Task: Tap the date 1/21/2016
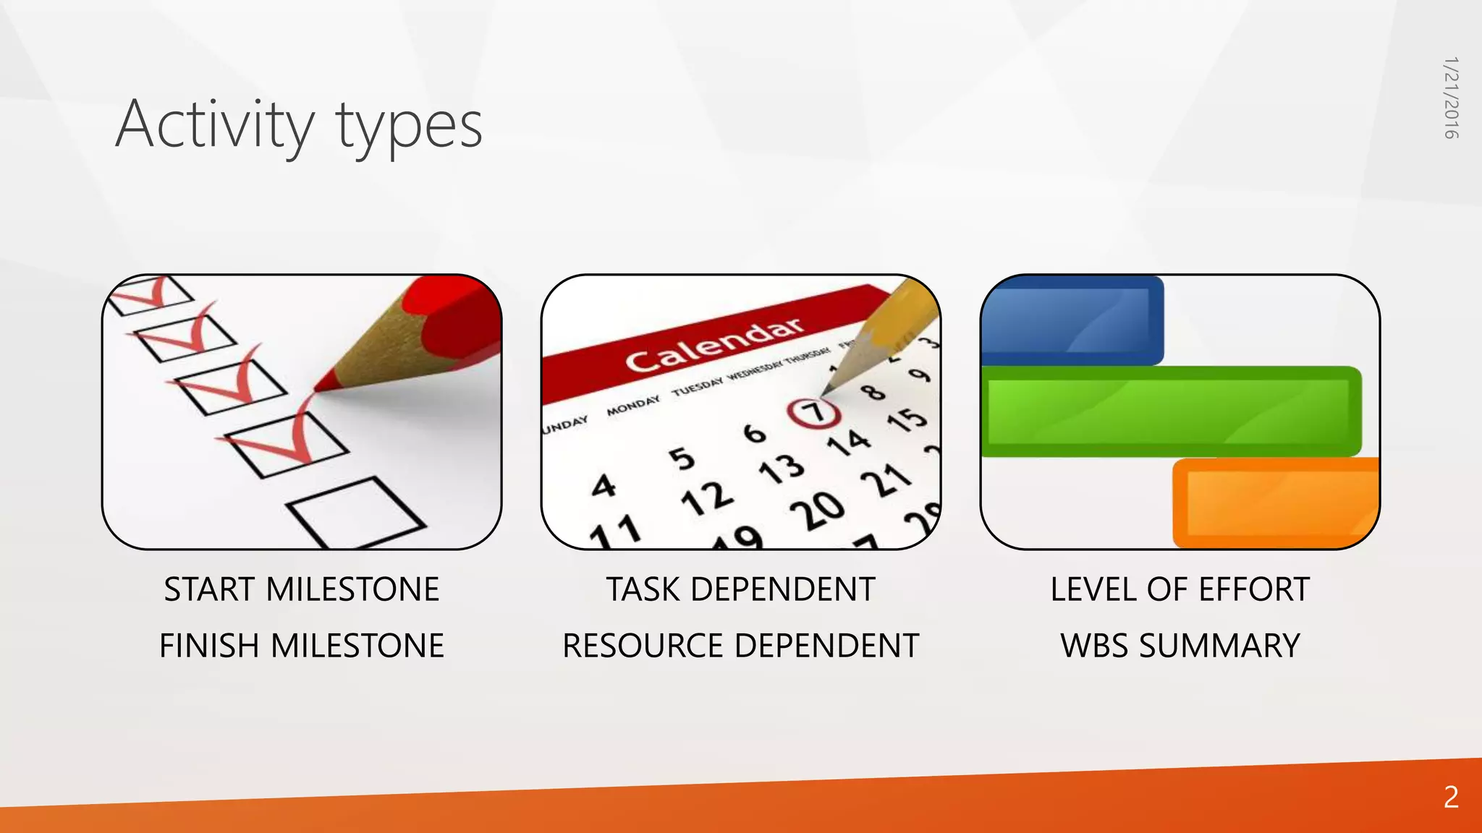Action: (x=1450, y=98)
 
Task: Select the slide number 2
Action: (x=1451, y=797)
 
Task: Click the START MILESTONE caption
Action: (x=301, y=589)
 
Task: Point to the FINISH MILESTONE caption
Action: (x=301, y=646)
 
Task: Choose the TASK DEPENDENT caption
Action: (x=740, y=589)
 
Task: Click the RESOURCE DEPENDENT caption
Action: (x=740, y=646)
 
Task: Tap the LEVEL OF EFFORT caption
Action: (x=1180, y=589)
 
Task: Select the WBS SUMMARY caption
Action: (x=1180, y=646)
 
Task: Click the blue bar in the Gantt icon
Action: (x=1071, y=320)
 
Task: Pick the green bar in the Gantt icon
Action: (x=1171, y=411)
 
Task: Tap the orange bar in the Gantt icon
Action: (x=1275, y=503)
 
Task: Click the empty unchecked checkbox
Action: (x=356, y=512)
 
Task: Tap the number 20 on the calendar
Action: (x=817, y=511)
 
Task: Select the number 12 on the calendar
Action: (x=707, y=498)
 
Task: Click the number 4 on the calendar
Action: (x=604, y=486)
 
